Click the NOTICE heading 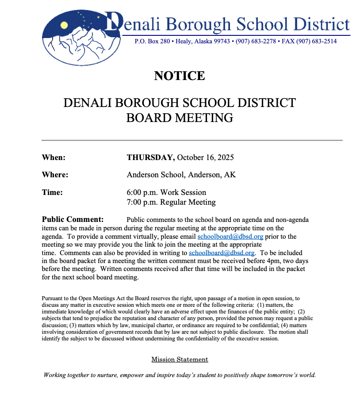pyautogui.click(x=180, y=76)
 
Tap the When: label pyautogui.click(x=54, y=158)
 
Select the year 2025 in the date pyautogui.click(x=225, y=158)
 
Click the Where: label pyautogui.click(x=55, y=175)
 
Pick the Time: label pyautogui.click(x=52, y=192)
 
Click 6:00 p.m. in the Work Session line pyautogui.click(x=142, y=192)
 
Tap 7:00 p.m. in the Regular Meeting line pyautogui.click(x=142, y=202)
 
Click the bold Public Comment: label pyautogui.click(x=73, y=219)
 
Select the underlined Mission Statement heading pyautogui.click(x=180, y=359)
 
